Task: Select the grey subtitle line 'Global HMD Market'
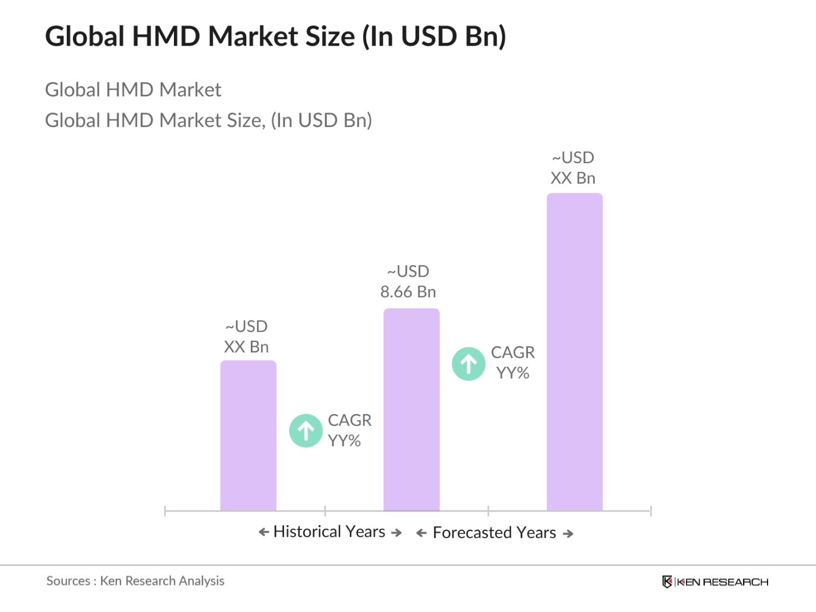[133, 90]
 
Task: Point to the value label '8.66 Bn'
[408, 291]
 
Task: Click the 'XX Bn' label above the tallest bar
[573, 178]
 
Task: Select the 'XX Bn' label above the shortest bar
[246, 347]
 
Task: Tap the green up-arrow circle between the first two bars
[306, 431]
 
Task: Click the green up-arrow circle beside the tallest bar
[469, 364]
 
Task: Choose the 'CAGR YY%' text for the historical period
[349, 430]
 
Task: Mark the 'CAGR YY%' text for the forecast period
[513, 363]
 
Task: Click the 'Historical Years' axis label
[330, 532]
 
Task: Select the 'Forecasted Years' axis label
[494, 533]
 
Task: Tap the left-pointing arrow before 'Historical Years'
[263, 532]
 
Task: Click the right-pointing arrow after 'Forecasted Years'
[568, 534]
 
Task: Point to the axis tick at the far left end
[165, 510]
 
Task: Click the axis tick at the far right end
[651, 510]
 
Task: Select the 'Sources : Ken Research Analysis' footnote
[135, 581]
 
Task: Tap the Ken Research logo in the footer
[715, 582]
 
